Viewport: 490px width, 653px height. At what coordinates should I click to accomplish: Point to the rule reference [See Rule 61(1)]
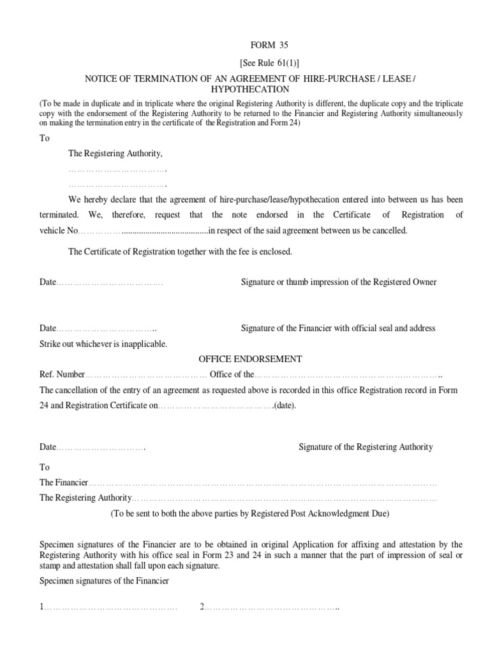pos(269,64)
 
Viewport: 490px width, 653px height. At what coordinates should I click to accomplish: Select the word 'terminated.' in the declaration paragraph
pos(59,215)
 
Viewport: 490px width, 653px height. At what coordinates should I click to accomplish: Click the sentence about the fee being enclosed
pos(180,252)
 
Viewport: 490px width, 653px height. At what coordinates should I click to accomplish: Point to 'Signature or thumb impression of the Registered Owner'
pos(338,282)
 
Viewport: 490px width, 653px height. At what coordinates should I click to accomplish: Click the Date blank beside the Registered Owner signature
pos(110,282)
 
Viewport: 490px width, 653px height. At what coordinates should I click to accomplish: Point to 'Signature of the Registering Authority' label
pos(366,447)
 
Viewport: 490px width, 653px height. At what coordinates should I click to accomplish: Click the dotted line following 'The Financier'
pos(263,483)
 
